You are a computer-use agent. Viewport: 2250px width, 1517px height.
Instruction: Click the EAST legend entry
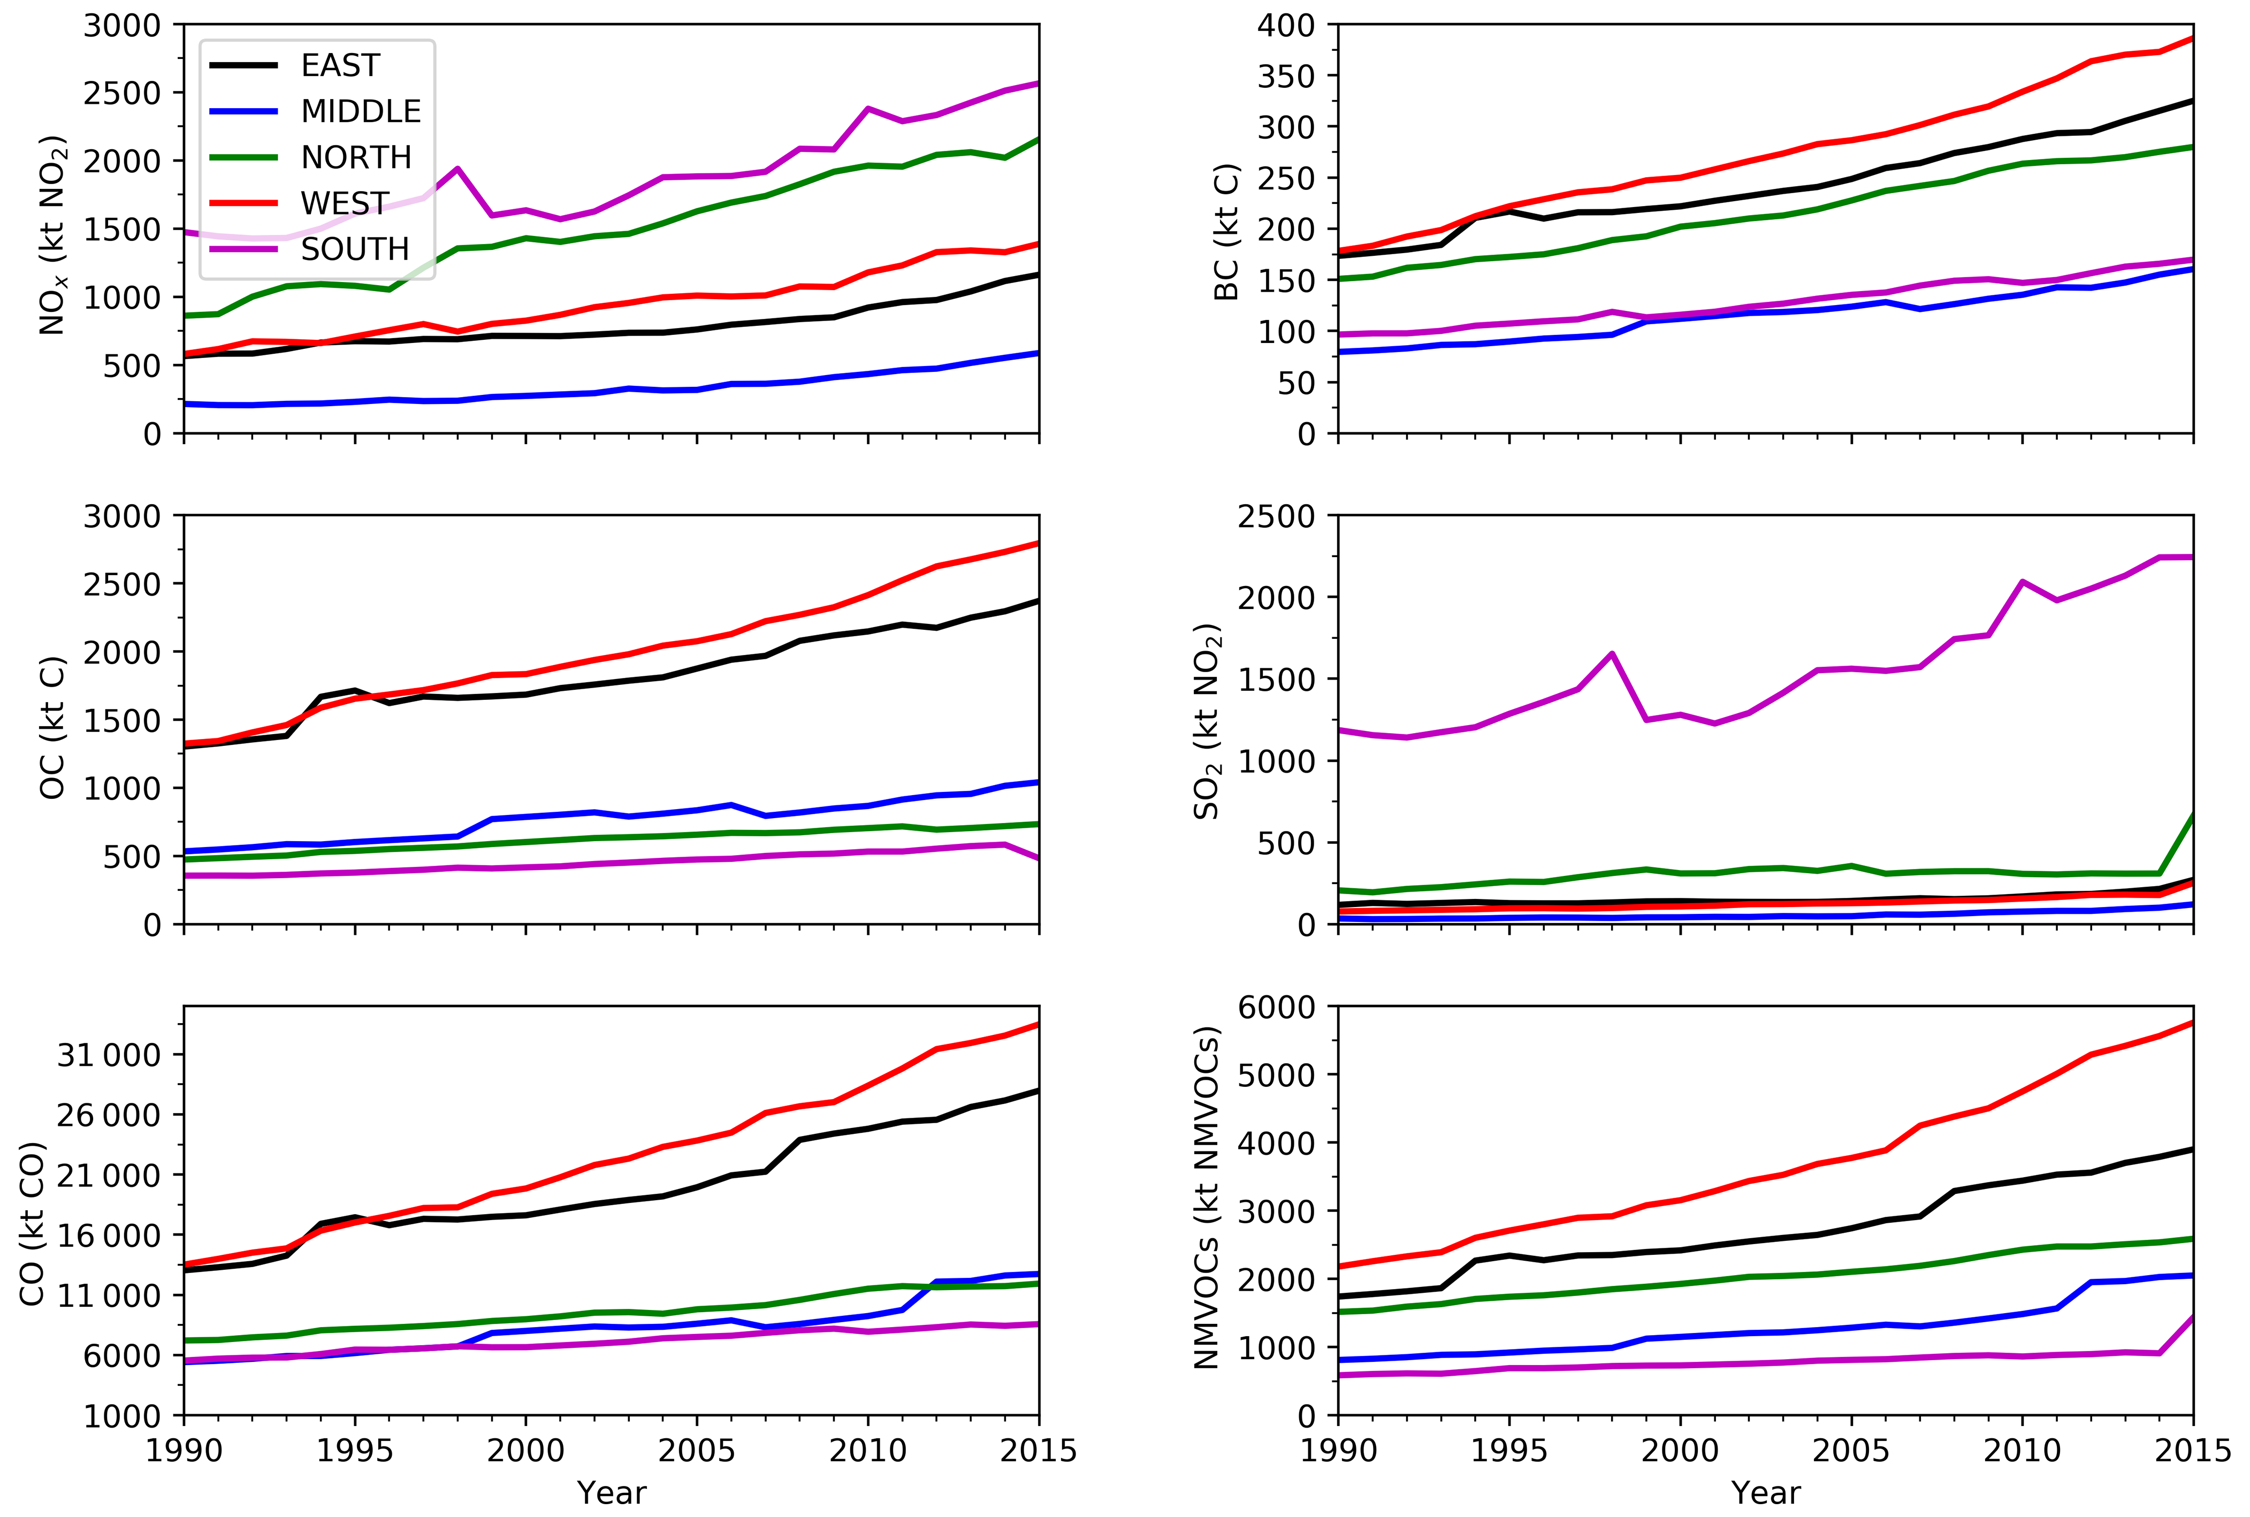340,66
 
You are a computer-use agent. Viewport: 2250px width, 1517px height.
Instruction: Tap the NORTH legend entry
355,158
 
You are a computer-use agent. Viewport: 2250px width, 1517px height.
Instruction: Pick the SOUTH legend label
355,249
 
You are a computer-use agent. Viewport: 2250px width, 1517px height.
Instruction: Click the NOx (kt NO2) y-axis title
52,235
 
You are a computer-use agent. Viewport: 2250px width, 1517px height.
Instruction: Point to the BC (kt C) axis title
1226,232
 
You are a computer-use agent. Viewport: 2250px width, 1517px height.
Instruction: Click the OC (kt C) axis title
52,728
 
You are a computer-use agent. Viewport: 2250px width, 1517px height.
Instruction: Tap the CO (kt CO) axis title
32,1224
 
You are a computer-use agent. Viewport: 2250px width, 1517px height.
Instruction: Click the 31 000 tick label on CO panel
108,1055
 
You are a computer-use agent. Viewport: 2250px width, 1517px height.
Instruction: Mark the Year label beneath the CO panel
612,1493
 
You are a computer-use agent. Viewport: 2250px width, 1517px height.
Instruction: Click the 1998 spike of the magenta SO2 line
1612,654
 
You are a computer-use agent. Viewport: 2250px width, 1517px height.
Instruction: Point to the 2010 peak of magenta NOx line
868,108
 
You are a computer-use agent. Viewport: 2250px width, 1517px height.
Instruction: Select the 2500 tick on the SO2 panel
1276,516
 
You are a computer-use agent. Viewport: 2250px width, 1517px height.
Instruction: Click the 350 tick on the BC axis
1286,77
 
